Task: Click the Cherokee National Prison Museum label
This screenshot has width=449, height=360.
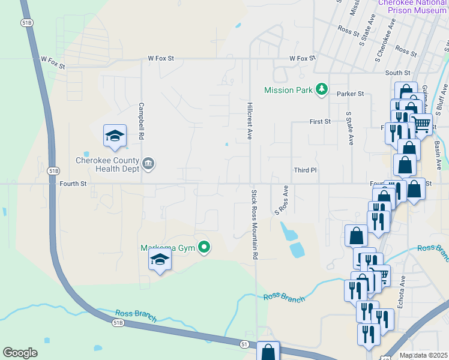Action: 412,6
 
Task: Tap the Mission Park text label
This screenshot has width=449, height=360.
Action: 289,90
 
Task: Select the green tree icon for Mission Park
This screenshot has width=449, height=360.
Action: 322,89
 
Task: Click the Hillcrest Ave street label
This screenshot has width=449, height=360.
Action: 249,121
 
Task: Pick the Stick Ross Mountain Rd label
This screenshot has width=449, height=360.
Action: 255,224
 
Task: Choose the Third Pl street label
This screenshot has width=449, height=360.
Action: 305,170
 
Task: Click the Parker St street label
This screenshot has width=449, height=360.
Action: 350,94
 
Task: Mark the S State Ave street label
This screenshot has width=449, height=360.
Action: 350,128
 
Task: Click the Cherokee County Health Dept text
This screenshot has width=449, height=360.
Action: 107,164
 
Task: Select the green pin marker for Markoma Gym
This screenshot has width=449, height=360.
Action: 205,247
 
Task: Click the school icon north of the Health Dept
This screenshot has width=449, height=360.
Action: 114,136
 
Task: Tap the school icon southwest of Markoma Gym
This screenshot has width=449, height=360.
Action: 160,259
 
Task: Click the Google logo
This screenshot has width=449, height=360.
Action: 20,352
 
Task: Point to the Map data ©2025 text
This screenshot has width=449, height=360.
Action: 423,355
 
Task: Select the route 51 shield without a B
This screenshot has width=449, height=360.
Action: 244,344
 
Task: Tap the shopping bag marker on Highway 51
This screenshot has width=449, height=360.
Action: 268,351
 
